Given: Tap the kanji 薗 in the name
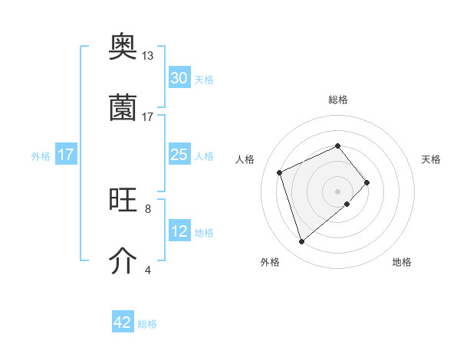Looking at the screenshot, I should tap(123, 108).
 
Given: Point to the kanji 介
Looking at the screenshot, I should tap(123, 261).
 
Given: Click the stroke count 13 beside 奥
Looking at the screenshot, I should tap(148, 56).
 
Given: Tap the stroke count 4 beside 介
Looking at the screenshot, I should tap(148, 270).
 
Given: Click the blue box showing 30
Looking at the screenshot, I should tap(179, 78).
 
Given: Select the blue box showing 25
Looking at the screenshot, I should tap(179, 155).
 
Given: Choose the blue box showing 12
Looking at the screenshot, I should tap(179, 231).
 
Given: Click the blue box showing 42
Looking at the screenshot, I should tap(123, 322).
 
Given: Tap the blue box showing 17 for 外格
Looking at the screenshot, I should tap(66, 155).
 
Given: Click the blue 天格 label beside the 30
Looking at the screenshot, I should tap(204, 80).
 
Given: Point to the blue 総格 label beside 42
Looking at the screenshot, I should tap(147, 324).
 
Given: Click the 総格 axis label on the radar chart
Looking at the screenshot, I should tap(338, 100).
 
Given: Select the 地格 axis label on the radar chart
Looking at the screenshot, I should tap(402, 262).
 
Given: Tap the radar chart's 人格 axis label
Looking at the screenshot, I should tap(245, 159).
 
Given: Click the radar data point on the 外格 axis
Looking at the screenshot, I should tap(301, 242).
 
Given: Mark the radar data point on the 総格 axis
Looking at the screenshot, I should tap(337, 146).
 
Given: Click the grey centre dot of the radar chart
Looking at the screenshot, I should tap(337, 191).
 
